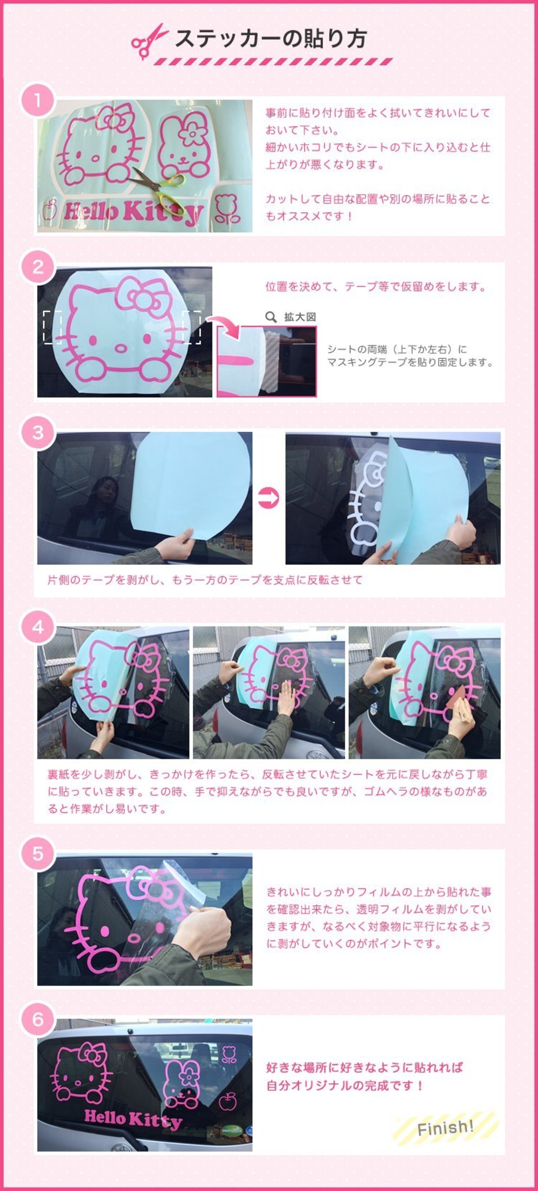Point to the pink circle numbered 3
(x=38, y=433)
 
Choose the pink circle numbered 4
(x=38, y=627)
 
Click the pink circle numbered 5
(x=38, y=853)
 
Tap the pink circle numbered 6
(x=38, y=1019)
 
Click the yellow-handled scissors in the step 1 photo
(x=159, y=192)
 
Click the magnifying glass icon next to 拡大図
(x=271, y=317)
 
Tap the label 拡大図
(x=300, y=317)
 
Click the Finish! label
(x=446, y=1128)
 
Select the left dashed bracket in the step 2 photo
(x=49, y=327)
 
